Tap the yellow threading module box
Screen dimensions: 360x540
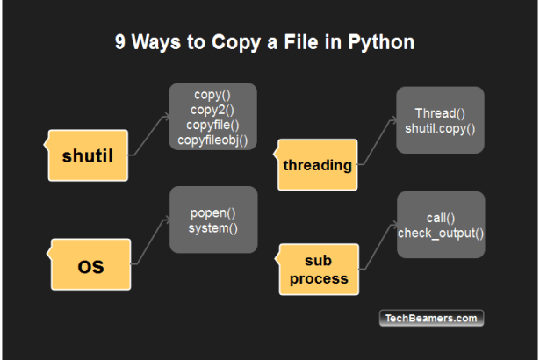coord(318,164)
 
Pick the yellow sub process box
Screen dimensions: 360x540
coord(320,270)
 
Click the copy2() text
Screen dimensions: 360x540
coord(212,108)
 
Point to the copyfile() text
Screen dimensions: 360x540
coord(212,124)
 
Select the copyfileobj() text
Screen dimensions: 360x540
coord(212,139)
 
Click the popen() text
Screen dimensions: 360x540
coord(212,213)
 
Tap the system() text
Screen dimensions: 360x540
coord(212,228)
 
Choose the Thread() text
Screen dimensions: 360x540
coord(440,113)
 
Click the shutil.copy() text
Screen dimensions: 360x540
coord(440,128)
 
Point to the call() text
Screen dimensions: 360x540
coord(440,218)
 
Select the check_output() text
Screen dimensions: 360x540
coord(441,233)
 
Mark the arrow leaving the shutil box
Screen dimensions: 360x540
coord(149,133)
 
